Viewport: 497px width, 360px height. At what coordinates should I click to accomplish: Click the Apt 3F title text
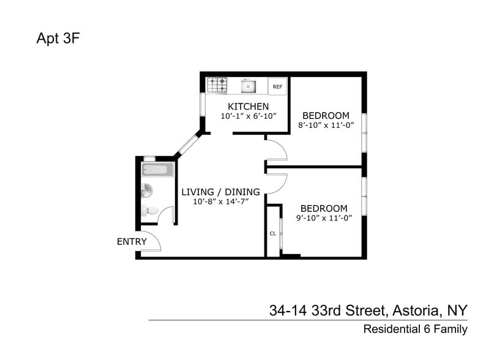(58, 40)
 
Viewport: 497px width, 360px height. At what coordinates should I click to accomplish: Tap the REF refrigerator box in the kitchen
(277, 87)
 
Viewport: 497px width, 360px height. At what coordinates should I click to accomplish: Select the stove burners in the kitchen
(217, 86)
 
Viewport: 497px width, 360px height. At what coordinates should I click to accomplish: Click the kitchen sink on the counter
(248, 87)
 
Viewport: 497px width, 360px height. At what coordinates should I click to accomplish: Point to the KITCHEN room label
(248, 107)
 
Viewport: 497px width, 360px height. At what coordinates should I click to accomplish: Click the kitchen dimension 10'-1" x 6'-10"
(248, 116)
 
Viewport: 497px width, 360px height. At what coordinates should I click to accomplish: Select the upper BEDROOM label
(326, 115)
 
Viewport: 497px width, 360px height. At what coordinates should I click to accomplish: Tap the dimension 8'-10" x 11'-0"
(326, 126)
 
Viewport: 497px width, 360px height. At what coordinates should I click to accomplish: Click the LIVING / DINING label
(220, 192)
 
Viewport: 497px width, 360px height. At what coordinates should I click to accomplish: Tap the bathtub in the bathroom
(158, 170)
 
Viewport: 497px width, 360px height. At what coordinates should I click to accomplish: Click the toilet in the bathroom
(149, 211)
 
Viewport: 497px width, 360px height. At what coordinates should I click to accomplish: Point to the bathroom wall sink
(146, 191)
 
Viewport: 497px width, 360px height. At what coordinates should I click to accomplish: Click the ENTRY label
(132, 242)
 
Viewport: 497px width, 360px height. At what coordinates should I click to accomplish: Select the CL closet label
(272, 233)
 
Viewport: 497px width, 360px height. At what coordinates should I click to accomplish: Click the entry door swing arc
(153, 240)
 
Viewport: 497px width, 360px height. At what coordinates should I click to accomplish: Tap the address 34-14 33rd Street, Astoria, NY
(368, 310)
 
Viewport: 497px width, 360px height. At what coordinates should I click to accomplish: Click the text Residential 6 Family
(415, 329)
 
